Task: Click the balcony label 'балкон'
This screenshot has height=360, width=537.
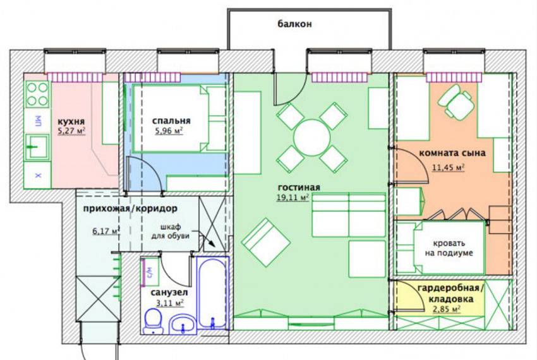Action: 294,24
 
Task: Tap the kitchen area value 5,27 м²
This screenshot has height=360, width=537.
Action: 71,131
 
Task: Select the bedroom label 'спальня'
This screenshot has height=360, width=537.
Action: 171,121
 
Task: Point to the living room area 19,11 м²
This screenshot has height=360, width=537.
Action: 293,197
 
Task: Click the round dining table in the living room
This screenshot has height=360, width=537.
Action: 311,138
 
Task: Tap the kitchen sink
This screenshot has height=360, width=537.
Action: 37,147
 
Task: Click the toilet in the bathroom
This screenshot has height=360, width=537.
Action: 154,321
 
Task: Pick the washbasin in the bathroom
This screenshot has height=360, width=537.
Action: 183,324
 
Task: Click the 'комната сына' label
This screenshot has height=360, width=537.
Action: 452,153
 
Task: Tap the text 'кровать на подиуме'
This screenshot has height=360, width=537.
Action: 449,248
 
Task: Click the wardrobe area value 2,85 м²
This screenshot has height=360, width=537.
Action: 446,309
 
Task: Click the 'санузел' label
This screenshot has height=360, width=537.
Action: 169,293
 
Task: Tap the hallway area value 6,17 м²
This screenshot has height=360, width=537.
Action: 105,231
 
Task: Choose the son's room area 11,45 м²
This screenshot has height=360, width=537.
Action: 448,167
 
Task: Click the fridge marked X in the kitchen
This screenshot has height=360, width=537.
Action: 38,175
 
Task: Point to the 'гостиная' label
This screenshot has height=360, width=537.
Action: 299,188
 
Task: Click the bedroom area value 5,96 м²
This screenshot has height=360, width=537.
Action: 169,131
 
